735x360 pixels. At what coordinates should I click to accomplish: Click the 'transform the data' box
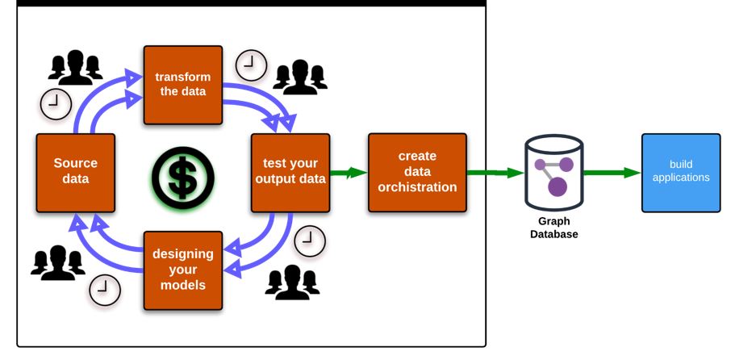[x=183, y=85]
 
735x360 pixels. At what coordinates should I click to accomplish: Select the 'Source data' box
[x=75, y=172]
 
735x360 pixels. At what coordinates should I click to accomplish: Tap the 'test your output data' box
[x=290, y=172]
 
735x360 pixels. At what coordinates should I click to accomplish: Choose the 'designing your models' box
[x=183, y=270]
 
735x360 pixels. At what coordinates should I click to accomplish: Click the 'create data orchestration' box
[x=417, y=172]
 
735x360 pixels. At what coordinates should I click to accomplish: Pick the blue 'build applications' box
[x=681, y=172]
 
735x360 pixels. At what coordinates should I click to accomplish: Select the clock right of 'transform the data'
[x=251, y=65]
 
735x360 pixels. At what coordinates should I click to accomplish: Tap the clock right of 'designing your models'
[x=309, y=241]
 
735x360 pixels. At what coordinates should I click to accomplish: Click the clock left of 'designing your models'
[x=104, y=290]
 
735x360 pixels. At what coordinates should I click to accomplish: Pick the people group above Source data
[x=75, y=67]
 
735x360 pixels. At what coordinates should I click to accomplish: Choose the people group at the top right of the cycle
[x=300, y=76]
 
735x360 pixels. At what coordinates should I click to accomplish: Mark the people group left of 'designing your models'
[x=57, y=261]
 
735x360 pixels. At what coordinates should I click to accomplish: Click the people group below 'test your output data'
[x=292, y=280]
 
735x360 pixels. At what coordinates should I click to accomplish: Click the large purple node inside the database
[x=558, y=187]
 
